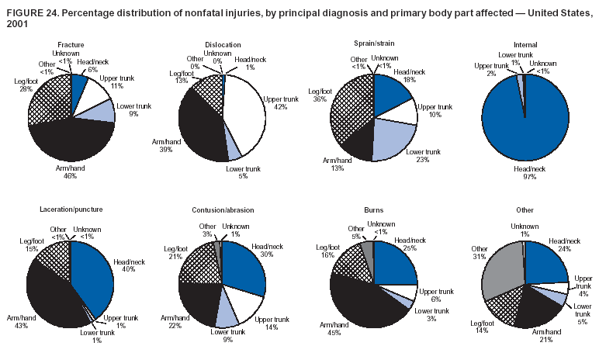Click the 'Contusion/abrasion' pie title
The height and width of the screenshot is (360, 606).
pos(221,210)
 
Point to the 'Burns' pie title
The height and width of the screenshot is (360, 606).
pos(373,209)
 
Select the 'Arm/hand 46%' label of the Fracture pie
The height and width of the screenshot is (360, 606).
pos(71,171)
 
